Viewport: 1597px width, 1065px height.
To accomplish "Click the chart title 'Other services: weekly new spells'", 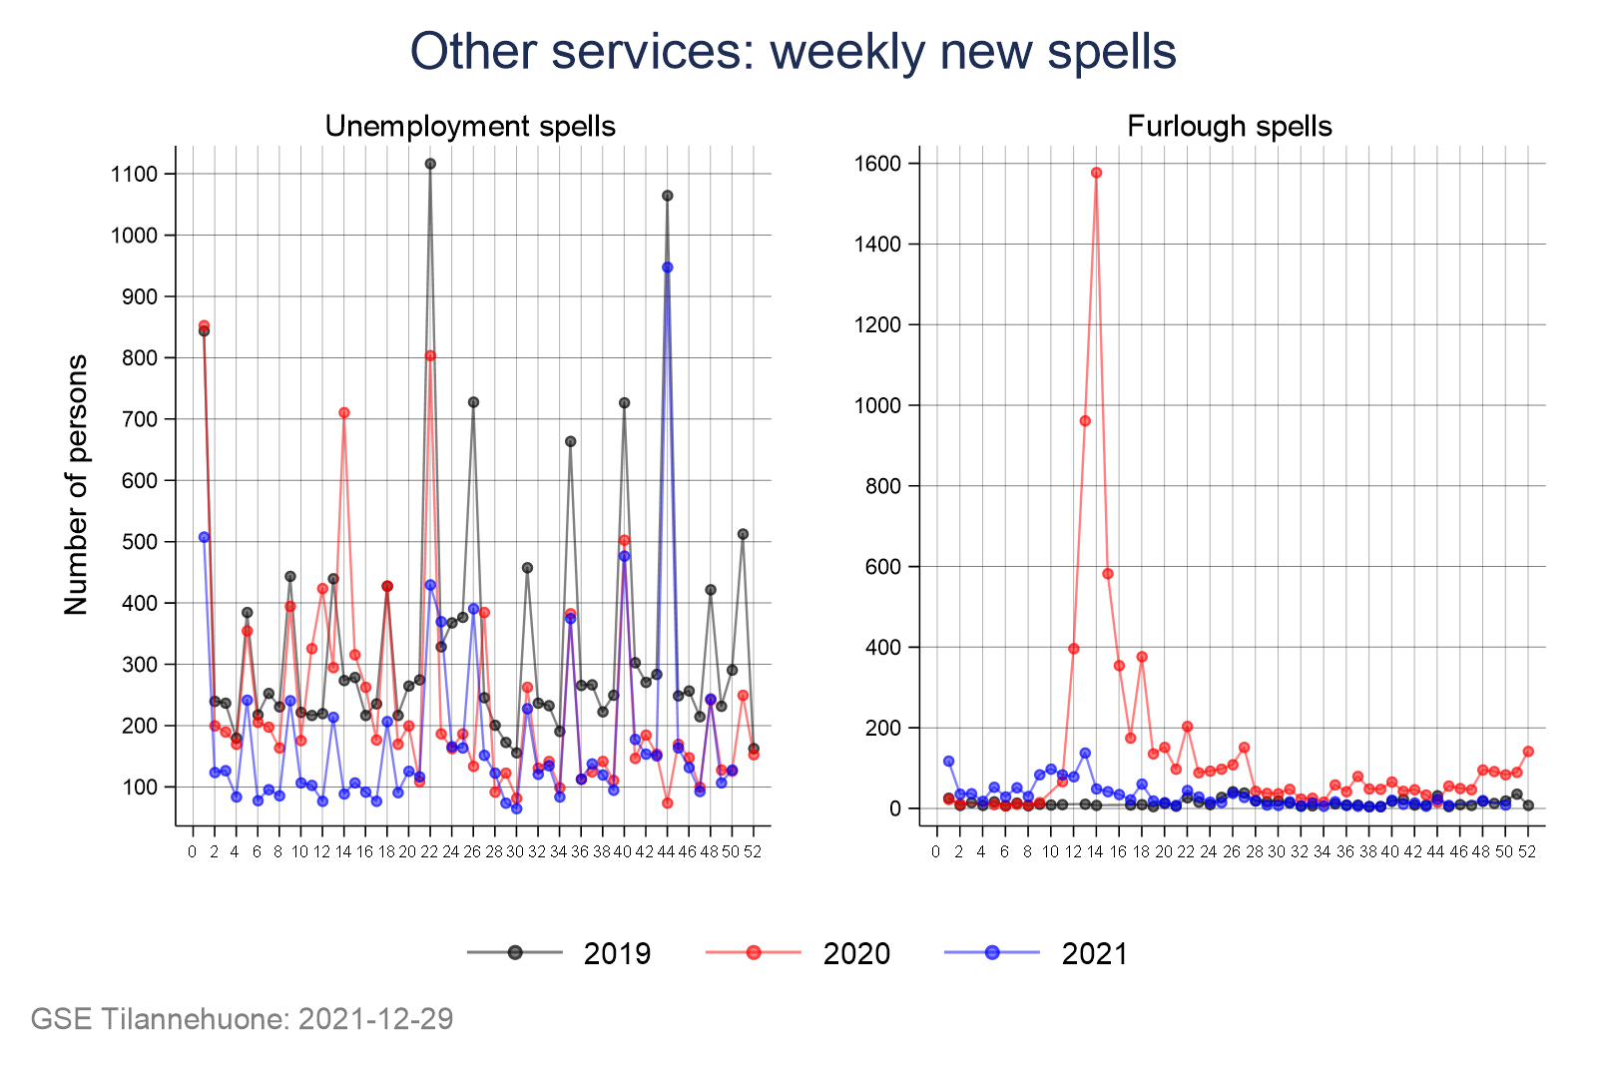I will coord(793,52).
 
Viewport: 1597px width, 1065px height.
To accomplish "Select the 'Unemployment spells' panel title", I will coord(470,127).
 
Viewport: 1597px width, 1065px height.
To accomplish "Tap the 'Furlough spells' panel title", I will coord(1229,127).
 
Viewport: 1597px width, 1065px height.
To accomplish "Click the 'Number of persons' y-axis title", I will coord(77,484).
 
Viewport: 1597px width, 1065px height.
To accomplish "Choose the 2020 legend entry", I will coord(798,953).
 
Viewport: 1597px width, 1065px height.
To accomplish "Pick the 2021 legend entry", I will coord(1037,953).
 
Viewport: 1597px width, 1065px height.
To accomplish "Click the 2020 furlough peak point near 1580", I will coord(1096,173).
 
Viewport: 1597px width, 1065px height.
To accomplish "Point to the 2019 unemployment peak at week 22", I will coord(430,164).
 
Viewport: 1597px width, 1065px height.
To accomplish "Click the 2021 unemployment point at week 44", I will coord(668,267).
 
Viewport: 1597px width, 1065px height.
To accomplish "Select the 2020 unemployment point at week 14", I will coord(344,412).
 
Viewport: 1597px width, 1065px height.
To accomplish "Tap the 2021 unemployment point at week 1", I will coord(204,537).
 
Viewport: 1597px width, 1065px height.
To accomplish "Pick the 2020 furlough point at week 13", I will coord(1085,421).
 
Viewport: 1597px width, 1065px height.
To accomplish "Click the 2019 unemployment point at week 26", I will coord(473,402).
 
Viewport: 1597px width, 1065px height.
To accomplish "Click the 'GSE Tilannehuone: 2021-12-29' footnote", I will coord(242,1019).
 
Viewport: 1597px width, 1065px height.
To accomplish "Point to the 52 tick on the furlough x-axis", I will coord(1527,851).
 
